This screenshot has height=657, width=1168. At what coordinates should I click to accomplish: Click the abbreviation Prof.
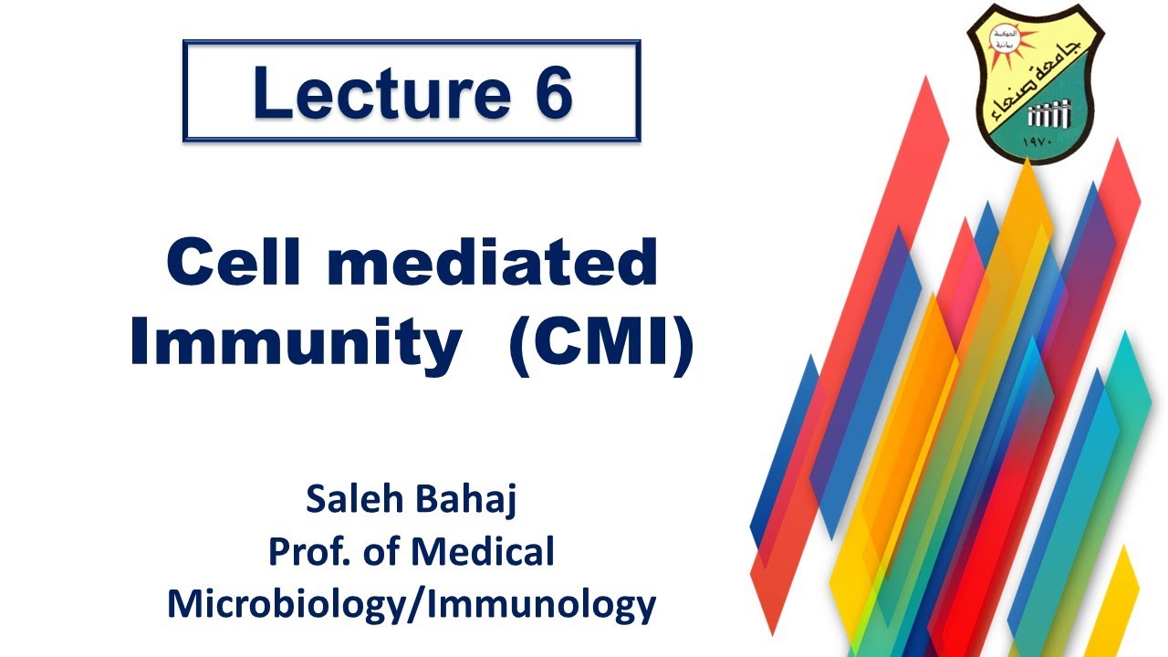pyautogui.click(x=307, y=552)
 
